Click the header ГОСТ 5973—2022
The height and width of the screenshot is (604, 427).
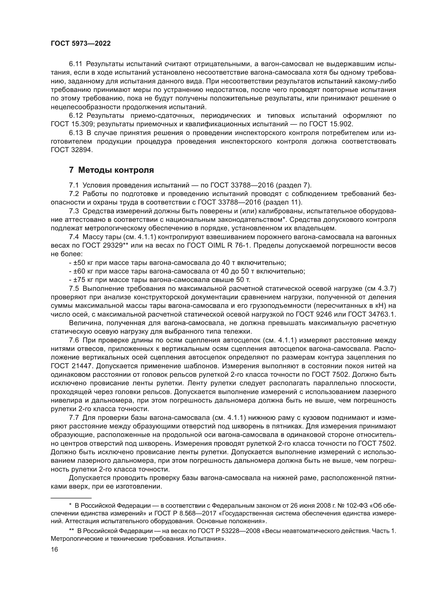pyautogui.click(x=81, y=44)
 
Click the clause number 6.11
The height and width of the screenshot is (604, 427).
pyautogui.click(x=76, y=64)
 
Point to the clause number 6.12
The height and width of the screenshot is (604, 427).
pyautogui.click(x=76, y=115)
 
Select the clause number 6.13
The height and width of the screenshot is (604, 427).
pyautogui.click(x=76, y=133)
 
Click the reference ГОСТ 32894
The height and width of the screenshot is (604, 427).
pyautogui.click(x=72, y=150)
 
